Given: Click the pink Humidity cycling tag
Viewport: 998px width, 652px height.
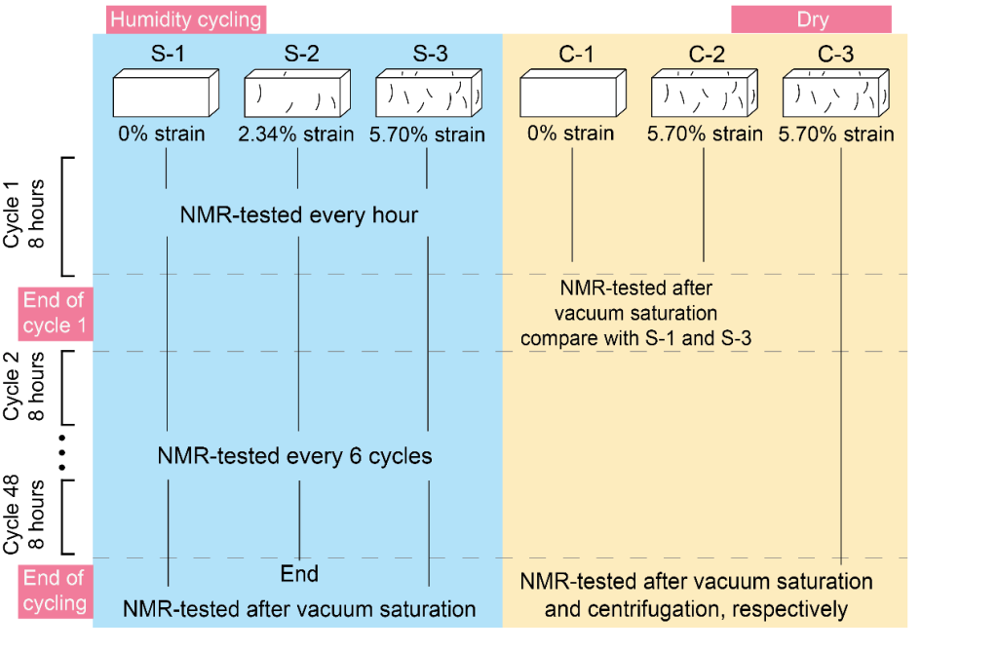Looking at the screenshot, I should [x=185, y=19].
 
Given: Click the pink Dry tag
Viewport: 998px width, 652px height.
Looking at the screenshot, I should [x=810, y=19].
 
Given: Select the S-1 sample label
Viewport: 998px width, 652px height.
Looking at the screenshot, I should [x=167, y=55].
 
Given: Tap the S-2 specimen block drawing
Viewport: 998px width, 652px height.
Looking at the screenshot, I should [x=296, y=95].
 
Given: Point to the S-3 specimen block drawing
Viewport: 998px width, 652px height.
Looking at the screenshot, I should [x=429, y=95].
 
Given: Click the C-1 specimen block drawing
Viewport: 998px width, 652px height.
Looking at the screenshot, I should [x=570, y=95].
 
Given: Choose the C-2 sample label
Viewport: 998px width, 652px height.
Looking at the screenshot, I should [x=702, y=55].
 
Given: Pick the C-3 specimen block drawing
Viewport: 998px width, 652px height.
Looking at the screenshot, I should [x=836, y=95].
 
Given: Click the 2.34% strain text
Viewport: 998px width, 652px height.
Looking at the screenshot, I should [x=296, y=134].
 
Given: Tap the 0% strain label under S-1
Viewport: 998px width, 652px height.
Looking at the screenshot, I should [x=162, y=134].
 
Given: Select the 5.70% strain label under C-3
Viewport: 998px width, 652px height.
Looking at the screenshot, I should [x=836, y=134].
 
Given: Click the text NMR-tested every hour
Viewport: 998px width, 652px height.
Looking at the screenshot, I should [x=298, y=214].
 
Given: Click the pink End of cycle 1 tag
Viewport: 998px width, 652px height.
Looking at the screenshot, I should [x=56, y=313].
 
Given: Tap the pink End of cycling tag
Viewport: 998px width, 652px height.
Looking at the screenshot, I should [x=56, y=591].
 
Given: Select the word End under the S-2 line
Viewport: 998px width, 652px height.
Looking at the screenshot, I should [x=299, y=573].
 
